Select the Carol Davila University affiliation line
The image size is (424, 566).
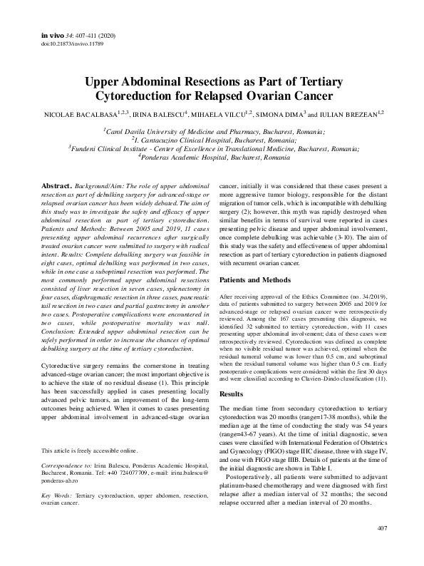213,132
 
